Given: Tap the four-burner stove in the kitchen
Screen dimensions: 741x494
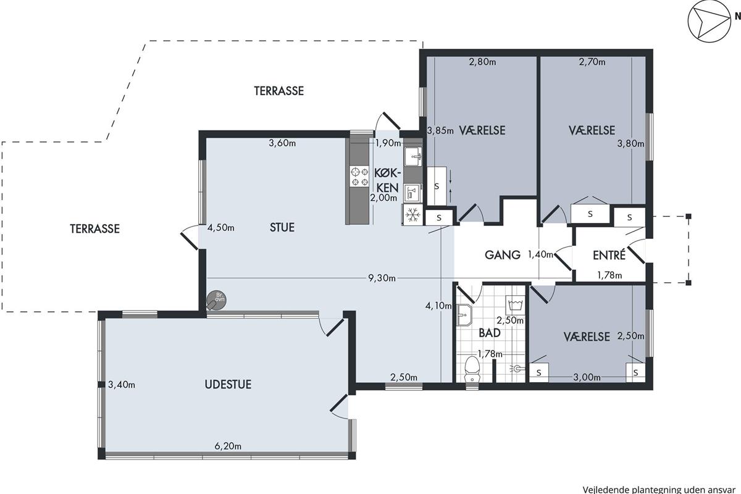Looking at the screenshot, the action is coord(359,177).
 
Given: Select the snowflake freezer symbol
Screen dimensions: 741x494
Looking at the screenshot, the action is coord(413,215).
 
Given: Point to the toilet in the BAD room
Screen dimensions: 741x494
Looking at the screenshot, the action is coord(472,370).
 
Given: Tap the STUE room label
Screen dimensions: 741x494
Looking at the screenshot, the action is coord(282,228).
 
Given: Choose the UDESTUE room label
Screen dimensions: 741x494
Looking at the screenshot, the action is coord(228,385).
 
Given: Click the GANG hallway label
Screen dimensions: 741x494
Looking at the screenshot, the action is coord(503,255).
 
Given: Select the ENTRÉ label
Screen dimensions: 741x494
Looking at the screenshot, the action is coord(609,255).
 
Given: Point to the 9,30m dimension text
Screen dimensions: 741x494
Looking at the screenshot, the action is coord(382,278).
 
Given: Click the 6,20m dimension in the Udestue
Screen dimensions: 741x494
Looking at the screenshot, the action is coord(228,446).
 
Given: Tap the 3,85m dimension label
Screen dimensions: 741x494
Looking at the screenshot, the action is coord(440,131).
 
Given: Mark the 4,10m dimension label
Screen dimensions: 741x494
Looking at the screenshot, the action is coord(438,306).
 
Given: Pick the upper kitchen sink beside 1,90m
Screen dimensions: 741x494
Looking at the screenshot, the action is coord(413,156).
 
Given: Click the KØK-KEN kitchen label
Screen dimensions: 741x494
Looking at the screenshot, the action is coord(388,180).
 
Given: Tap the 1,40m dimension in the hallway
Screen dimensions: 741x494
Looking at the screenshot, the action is coord(540,254).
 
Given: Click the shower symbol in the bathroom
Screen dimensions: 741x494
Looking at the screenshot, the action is coord(517,368).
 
